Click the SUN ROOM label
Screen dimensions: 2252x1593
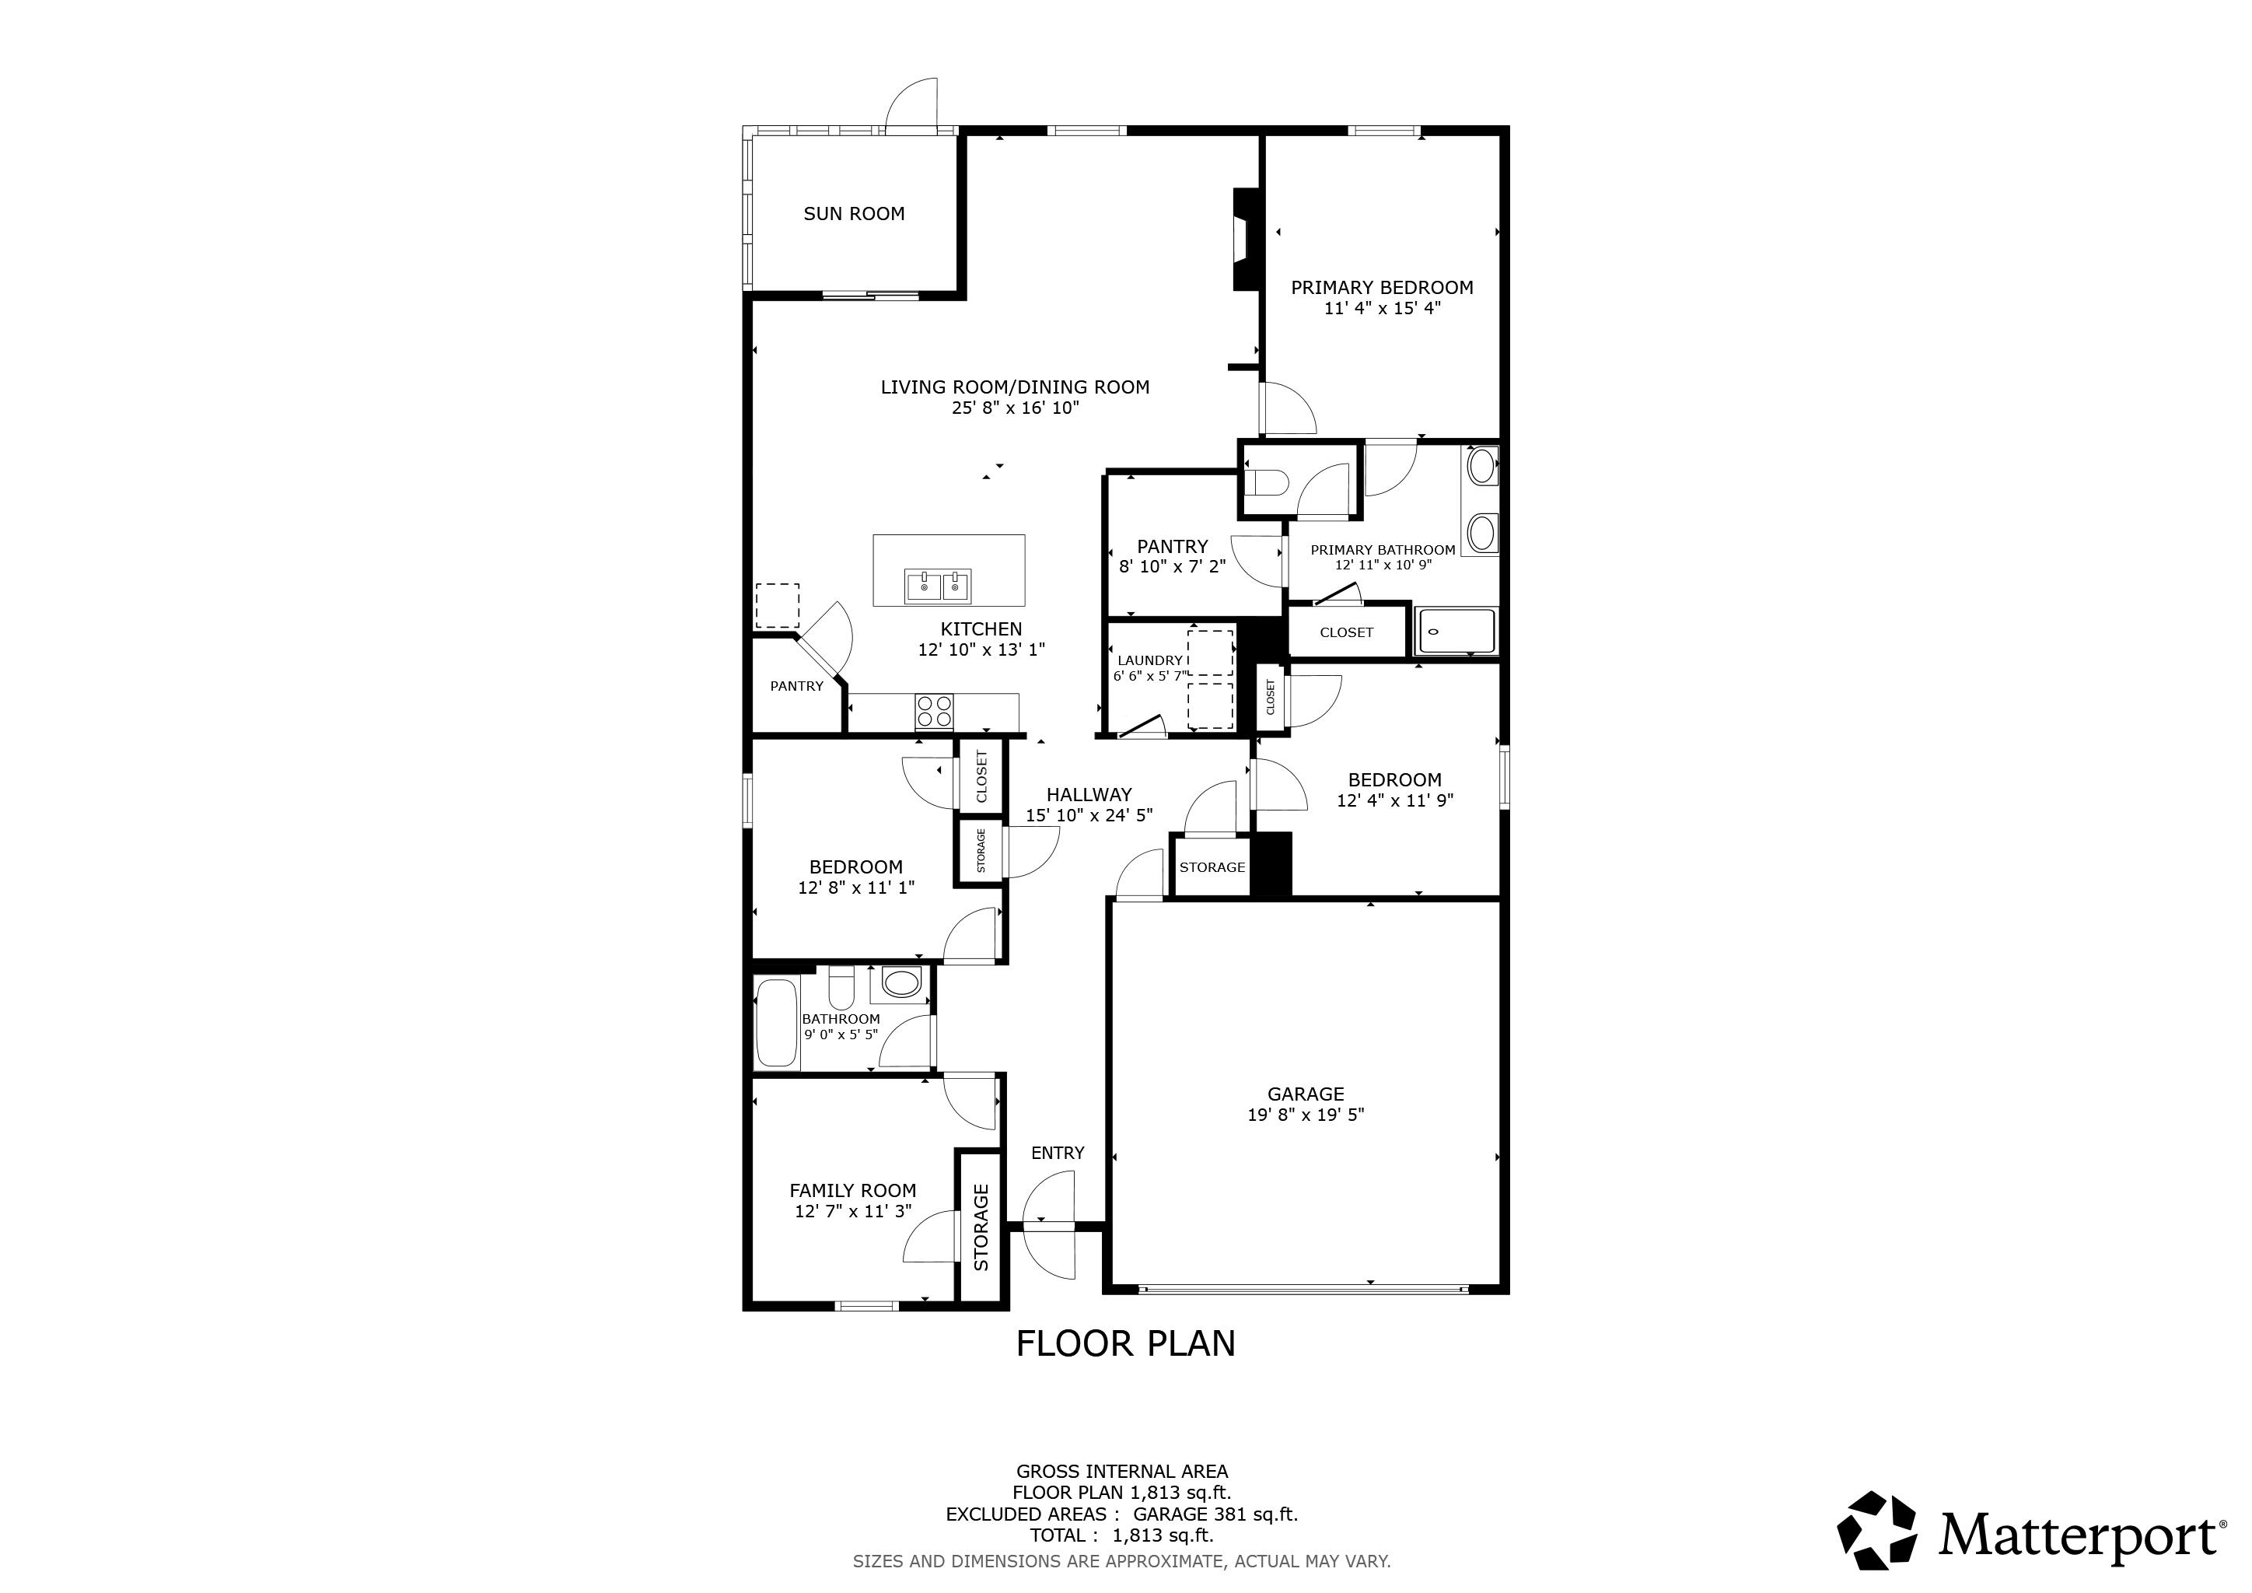(x=853, y=214)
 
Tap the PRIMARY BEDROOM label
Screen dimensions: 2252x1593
(x=1382, y=287)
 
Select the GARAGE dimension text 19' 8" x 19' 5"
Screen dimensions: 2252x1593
(x=1306, y=1115)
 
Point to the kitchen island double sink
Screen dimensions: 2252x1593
(x=939, y=586)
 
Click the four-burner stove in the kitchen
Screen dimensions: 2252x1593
(x=934, y=711)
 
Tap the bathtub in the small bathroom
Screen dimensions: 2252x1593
(x=777, y=1022)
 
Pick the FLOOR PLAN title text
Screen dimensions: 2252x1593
(x=1125, y=1344)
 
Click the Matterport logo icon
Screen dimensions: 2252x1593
(x=1876, y=1532)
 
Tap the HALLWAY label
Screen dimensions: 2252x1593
(x=1089, y=794)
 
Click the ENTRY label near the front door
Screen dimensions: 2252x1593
(x=1058, y=1153)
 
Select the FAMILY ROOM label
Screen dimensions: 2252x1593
(x=852, y=1191)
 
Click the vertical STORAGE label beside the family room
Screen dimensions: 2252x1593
(x=981, y=1227)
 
